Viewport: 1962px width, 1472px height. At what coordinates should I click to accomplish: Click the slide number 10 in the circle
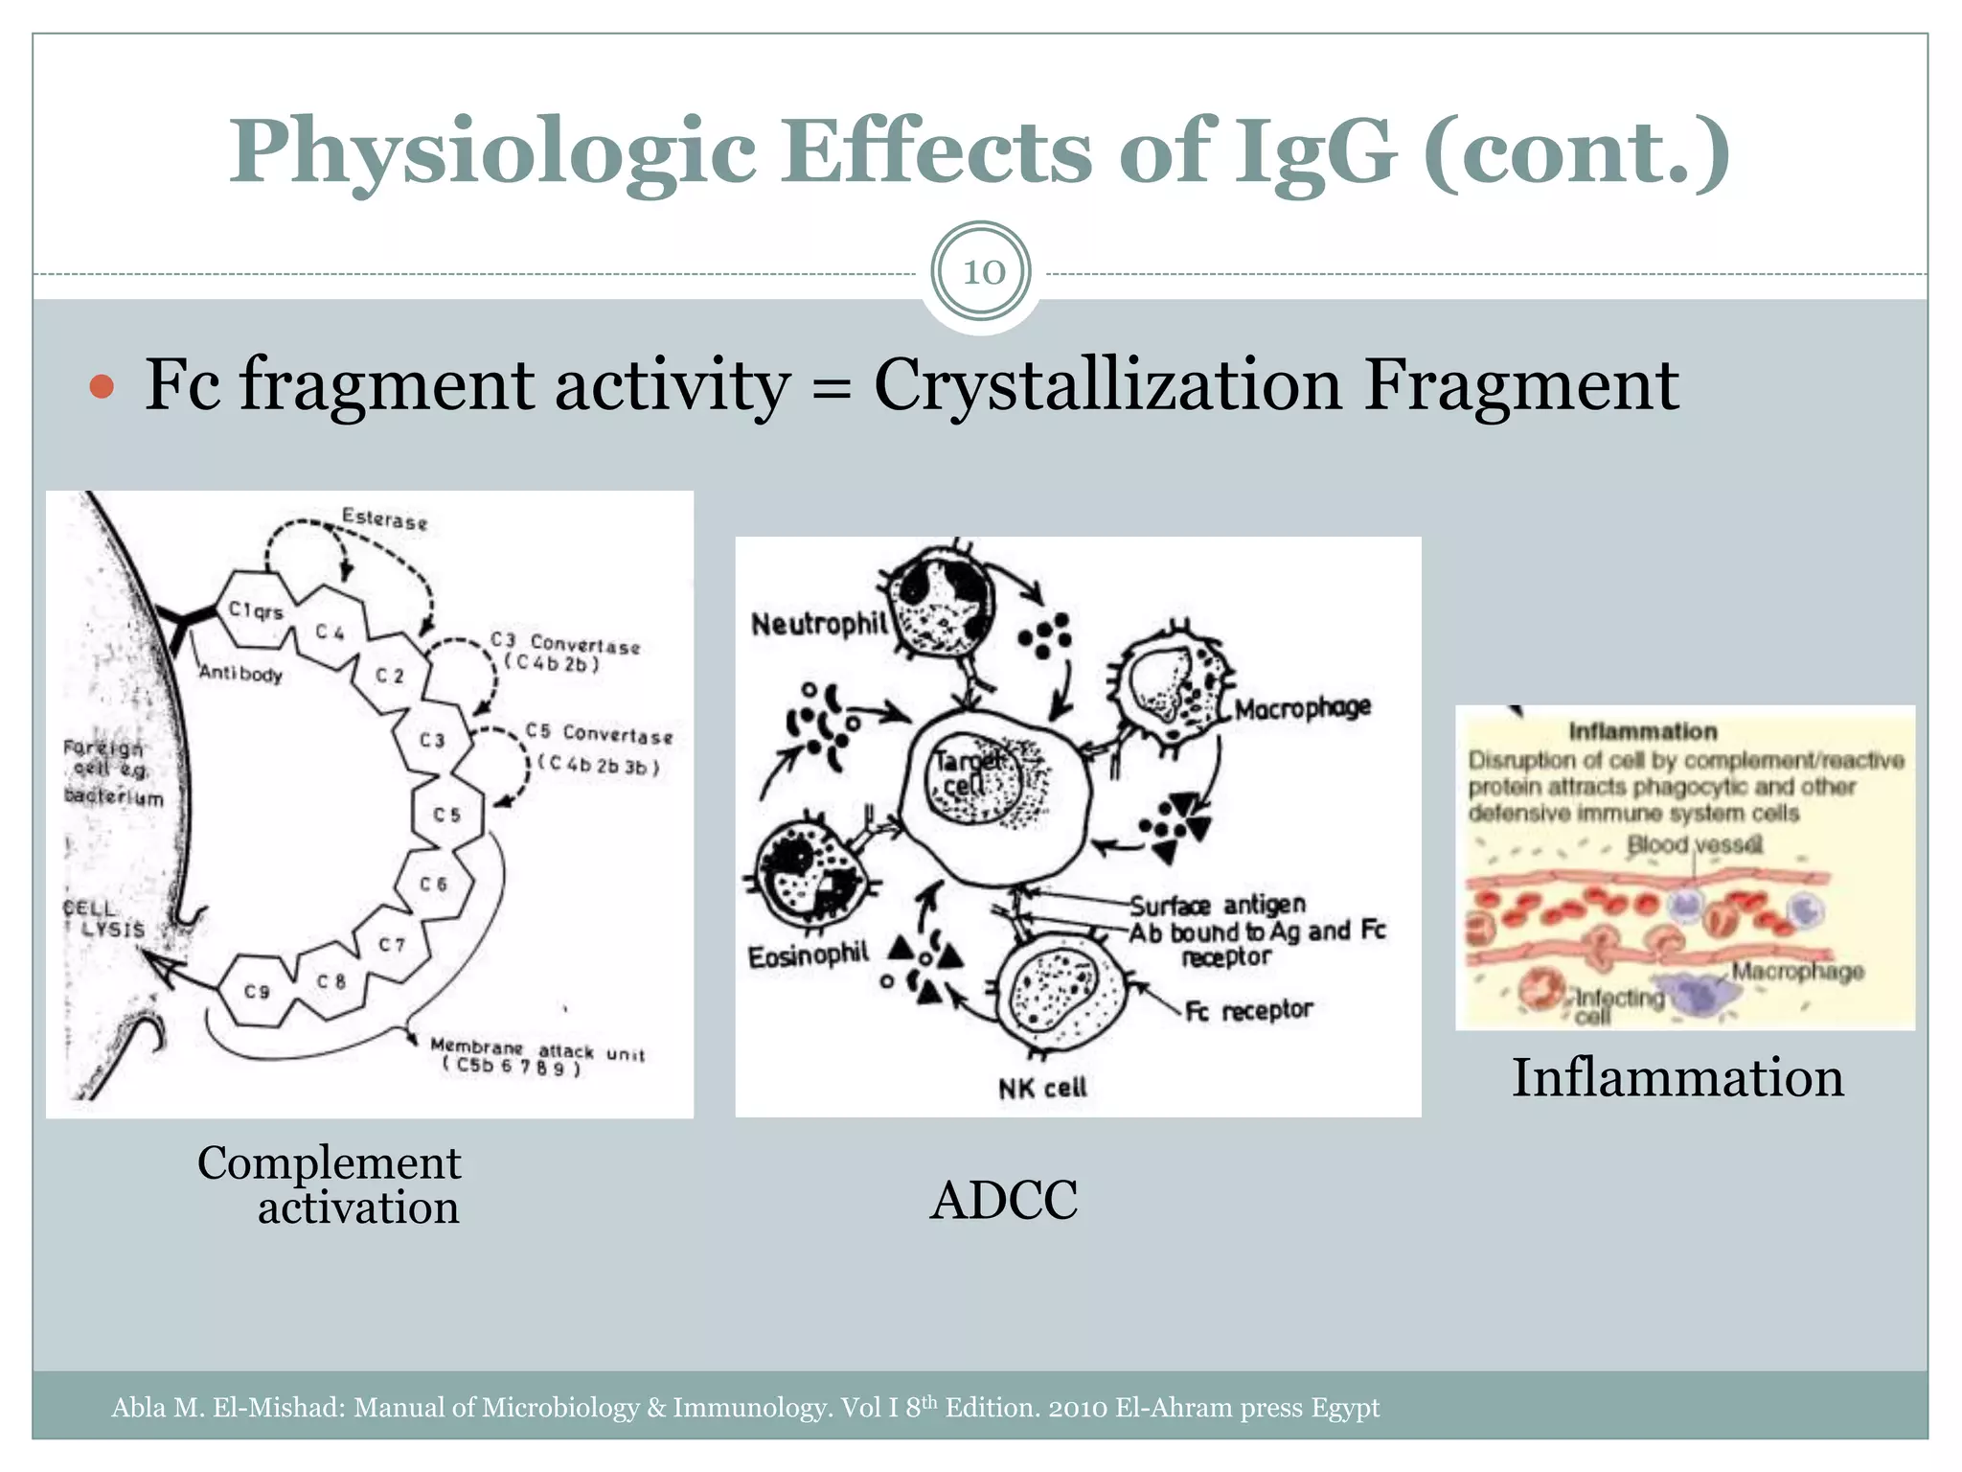(x=983, y=272)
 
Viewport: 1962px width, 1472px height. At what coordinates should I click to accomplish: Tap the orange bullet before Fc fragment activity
(x=102, y=387)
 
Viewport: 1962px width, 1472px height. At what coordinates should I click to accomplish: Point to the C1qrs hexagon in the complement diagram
(x=256, y=609)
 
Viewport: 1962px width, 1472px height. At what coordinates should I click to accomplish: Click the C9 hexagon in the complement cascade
(x=257, y=991)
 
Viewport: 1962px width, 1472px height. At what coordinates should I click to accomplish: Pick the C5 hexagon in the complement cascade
(x=446, y=815)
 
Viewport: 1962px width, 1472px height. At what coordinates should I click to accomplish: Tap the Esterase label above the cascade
(x=385, y=519)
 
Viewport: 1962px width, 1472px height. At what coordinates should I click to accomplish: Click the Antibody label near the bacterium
(x=240, y=674)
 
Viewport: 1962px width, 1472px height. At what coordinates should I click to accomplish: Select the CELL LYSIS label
(x=104, y=918)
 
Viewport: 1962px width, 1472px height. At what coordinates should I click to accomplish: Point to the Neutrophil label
(x=819, y=625)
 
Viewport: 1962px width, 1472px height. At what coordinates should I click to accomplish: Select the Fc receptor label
(x=1248, y=1010)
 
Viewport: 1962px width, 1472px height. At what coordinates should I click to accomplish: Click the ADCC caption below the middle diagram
(x=1004, y=1200)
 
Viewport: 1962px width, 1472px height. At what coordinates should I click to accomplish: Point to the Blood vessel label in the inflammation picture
(x=1694, y=845)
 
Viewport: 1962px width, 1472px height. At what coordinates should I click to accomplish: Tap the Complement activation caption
(x=330, y=1184)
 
